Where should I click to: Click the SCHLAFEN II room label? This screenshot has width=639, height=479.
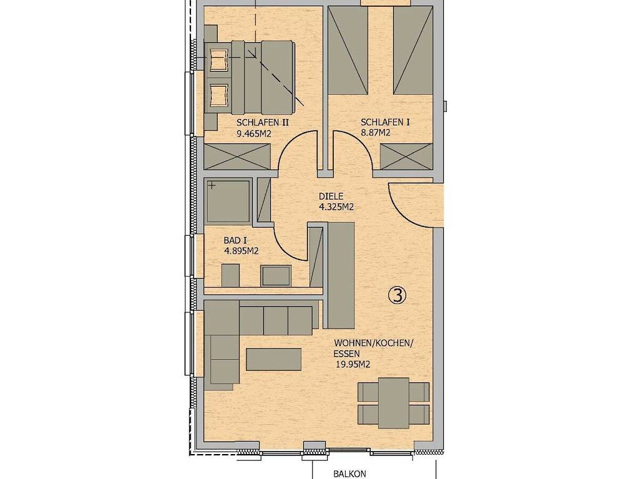263,122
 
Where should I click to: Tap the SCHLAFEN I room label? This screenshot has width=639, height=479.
385,122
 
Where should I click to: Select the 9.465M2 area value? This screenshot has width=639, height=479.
254,133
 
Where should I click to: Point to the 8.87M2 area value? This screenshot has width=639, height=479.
375,132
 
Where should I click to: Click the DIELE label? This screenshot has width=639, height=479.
331,196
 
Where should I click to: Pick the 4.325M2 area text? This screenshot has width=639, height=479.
336,207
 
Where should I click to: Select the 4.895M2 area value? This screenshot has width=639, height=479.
241,251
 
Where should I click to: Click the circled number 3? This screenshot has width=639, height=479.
398,295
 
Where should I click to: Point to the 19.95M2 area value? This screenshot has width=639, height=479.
353,364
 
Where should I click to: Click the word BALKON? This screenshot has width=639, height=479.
349,474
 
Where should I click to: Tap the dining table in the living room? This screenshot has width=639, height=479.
393,404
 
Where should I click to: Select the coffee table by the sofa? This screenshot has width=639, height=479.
273,359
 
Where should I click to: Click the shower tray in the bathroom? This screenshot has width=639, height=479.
228,201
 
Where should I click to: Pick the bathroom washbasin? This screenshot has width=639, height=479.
276,276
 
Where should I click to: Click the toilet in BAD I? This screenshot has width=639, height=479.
230,275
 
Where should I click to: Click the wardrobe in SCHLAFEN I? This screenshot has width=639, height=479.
406,157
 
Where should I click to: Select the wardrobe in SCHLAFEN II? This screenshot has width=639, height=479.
237,157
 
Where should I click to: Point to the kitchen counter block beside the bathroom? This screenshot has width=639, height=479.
341,275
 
